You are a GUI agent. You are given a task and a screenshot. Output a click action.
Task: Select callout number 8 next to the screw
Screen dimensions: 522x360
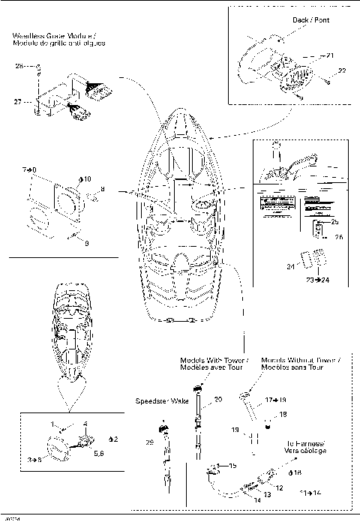click(x=103, y=189)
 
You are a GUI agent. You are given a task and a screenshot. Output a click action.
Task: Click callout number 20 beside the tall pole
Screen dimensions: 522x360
click(x=218, y=400)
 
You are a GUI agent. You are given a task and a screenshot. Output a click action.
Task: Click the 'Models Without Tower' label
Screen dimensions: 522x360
click(x=300, y=360)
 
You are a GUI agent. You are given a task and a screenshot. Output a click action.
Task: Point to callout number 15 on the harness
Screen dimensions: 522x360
click(x=232, y=466)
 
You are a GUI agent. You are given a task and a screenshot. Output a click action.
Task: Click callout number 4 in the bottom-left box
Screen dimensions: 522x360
click(x=85, y=424)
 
